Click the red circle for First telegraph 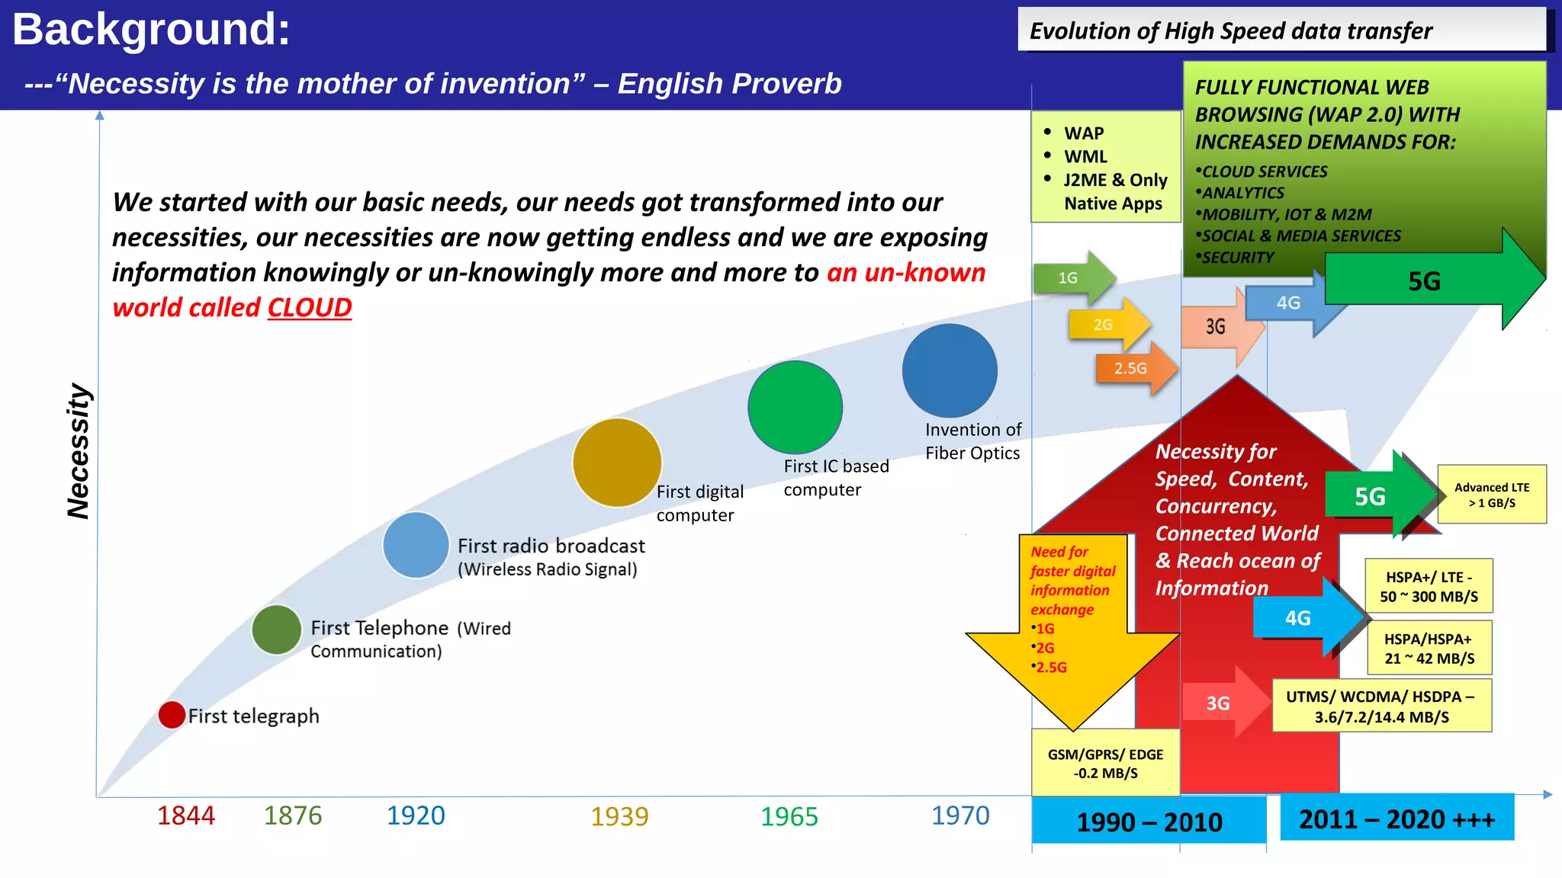click(172, 715)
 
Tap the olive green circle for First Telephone click(276, 630)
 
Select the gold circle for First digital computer click(616, 463)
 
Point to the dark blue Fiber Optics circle click(950, 370)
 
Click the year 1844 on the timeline click(185, 816)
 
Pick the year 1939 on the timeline click(619, 816)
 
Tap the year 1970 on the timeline click(959, 816)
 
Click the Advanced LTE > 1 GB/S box click(1491, 495)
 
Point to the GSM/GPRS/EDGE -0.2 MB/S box click(1105, 763)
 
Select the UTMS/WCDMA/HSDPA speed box click(1381, 707)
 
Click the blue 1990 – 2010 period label click(1149, 822)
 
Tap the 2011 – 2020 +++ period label click(1396, 819)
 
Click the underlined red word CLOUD click(309, 307)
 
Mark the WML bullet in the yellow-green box click(1085, 157)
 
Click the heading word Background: click(151, 30)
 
